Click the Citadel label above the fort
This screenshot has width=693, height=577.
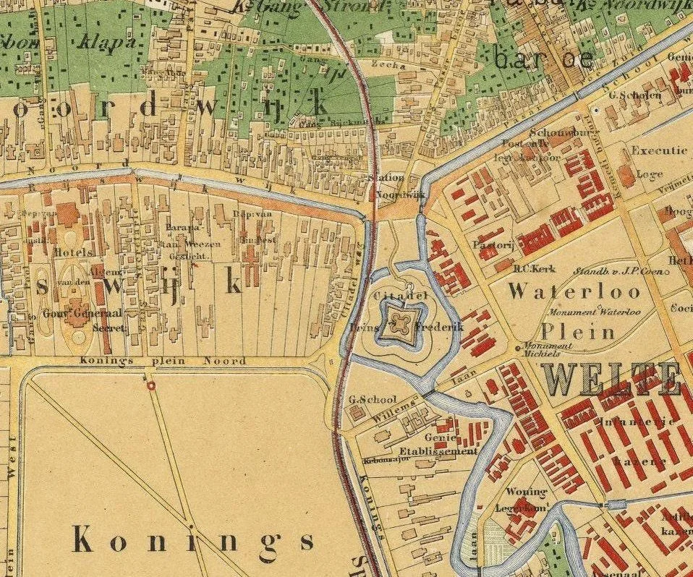click(x=391, y=296)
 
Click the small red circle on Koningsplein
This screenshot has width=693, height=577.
click(x=150, y=386)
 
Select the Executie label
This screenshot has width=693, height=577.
click(x=658, y=151)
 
